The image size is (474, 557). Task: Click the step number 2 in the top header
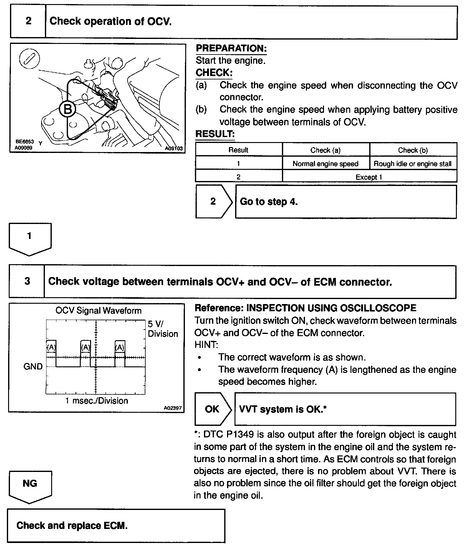[x=28, y=21]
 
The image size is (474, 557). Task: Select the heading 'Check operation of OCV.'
[x=110, y=21]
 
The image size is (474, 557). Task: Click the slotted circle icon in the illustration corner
[x=29, y=59]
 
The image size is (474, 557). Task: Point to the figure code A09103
[x=174, y=149]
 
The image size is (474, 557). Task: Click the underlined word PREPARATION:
[x=231, y=48]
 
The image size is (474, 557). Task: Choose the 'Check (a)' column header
[x=325, y=150]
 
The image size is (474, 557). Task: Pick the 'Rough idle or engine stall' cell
[x=413, y=164]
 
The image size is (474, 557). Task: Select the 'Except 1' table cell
[x=369, y=177]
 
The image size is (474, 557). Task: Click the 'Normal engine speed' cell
[x=325, y=164]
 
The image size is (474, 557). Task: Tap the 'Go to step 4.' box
[x=346, y=202]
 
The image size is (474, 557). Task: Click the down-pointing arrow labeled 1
[x=30, y=238]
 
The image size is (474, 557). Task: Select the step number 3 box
[x=27, y=281]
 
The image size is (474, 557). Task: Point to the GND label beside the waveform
[x=33, y=366]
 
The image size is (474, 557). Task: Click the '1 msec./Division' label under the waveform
[x=97, y=401]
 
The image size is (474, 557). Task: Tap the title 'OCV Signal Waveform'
[x=98, y=311]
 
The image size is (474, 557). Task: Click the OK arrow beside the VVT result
[x=213, y=409]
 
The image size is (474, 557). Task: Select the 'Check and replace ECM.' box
[x=116, y=526]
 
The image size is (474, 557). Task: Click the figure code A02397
[x=172, y=408]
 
